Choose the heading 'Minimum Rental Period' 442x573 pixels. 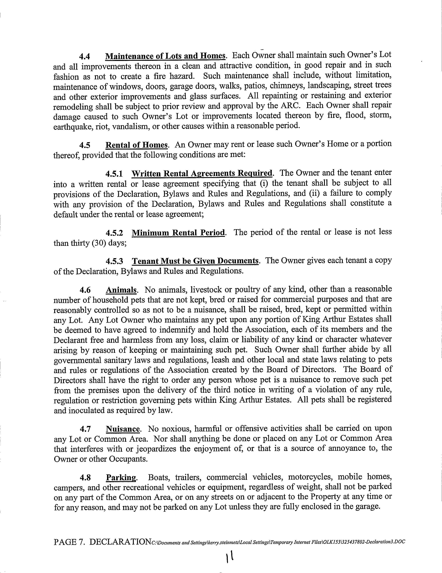click(178, 233)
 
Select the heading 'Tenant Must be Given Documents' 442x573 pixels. click(195, 261)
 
